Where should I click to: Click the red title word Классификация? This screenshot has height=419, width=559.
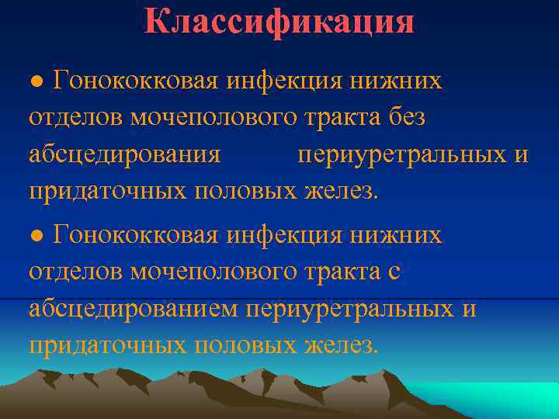(x=279, y=21)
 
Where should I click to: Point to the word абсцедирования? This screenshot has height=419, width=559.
(x=125, y=155)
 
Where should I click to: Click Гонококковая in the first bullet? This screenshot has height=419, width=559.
(x=136, y=81)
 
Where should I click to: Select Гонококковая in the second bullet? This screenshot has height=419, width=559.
(x=136, y=235)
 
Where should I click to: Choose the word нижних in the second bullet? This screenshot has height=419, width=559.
(x=402, y=235)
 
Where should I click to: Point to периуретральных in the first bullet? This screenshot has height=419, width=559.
(x=401, y=155)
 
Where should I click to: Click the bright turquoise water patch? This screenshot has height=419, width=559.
(x=497, y=400)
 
